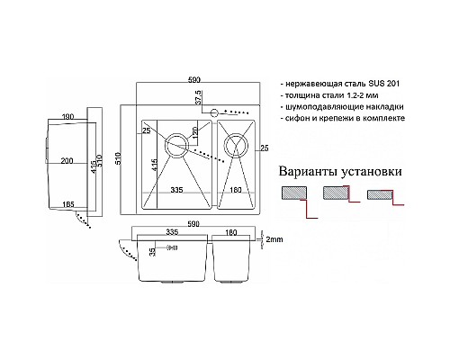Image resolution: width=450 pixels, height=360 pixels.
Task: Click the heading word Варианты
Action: point(308,170)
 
